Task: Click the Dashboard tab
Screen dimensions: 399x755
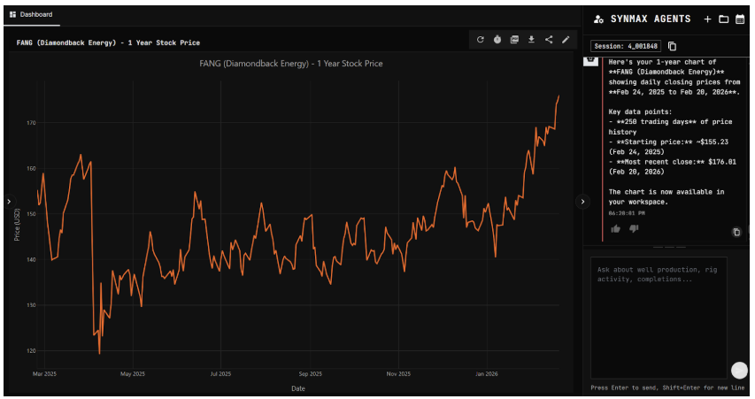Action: coord(32,15)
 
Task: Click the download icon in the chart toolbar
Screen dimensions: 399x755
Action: coord(531,39)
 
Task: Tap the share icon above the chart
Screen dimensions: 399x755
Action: coord(549,39)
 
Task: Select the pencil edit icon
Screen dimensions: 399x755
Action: coord(566,39)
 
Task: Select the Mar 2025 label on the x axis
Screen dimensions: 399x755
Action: coord(44,374)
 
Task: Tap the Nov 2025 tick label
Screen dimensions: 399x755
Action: coord(398,374)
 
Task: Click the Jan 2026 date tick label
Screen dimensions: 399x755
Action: coord(487,374)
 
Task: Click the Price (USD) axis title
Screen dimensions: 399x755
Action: coord(17,225)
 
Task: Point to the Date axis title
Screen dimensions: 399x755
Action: coord(298,387)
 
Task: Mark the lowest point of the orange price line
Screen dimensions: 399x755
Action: coord(99,353)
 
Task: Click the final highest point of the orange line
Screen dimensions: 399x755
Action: coord(559,96)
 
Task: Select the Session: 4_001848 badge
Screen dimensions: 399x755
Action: coord(626,46)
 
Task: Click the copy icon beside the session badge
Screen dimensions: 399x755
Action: coord(672,46)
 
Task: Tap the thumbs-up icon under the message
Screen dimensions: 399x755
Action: coord(616,229)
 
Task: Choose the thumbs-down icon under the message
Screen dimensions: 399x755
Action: coord(634,229)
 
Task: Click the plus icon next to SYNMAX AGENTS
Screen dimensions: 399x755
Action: coord(707,19)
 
